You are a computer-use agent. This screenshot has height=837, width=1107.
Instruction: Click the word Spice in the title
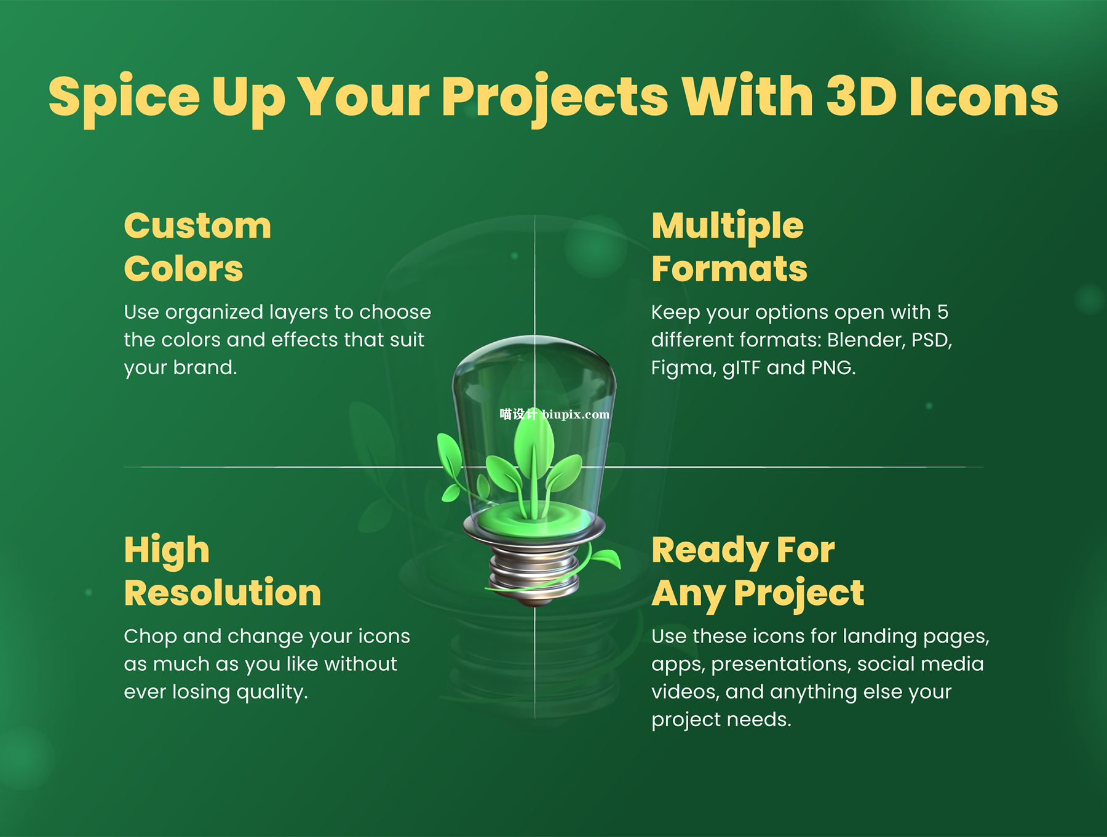pos(124,98)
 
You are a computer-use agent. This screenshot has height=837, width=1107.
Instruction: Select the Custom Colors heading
pos(197,247)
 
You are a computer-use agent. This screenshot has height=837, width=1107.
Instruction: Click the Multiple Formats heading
pos(729,247)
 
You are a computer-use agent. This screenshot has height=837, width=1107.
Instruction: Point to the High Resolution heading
pos(223,571)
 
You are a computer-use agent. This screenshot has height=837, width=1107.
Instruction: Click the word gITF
pos(742,368)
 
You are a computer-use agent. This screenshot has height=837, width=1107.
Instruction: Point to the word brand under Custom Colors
pos(205,367)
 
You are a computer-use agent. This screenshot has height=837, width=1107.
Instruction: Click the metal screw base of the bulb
pos(534,572)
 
